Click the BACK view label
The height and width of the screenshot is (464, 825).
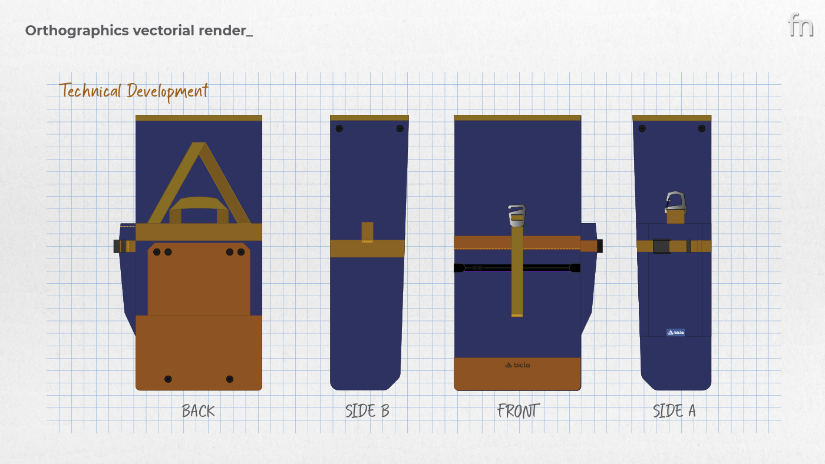tap(198, 410)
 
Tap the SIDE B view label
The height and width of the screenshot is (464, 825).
tap(367, 410)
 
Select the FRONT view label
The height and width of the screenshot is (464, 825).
tap(518, 410)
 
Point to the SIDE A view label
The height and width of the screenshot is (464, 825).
tap(674, 410)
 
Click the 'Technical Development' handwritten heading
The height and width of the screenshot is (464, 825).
tap(134, 91)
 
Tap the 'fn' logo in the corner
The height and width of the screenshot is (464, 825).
tap(800, 25)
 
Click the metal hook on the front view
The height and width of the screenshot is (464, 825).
tap(517, 214)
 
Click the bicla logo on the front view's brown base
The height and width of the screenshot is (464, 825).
tap(517, 365)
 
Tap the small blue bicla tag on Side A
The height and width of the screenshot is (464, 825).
tap(675, 332)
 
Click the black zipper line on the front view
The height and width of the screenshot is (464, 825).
tap(517, 268)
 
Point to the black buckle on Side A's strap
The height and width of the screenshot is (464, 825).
tap(661, 246)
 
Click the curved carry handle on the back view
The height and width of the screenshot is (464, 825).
tap(199, 203)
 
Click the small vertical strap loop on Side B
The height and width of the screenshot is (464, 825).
tap(367, 232)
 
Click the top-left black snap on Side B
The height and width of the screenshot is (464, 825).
tap(339, 128)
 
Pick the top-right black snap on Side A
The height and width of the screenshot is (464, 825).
tap(701, 128)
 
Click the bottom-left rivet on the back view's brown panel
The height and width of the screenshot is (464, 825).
tap(168, 379)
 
